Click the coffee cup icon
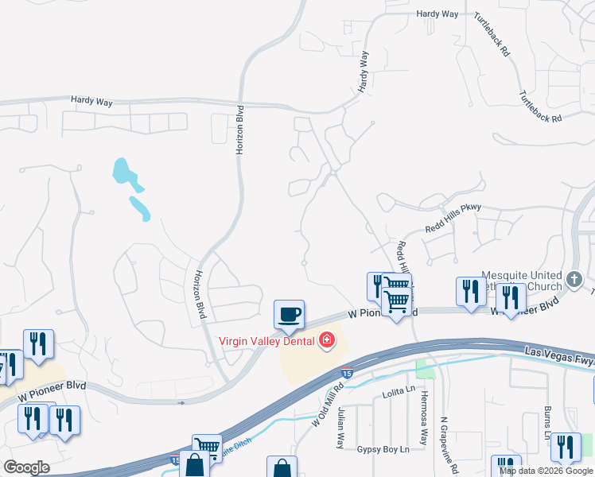(289, 314)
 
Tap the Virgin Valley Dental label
(267, 342)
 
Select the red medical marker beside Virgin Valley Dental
(325, 342)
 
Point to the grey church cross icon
(576, 279)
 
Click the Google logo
(26, 467)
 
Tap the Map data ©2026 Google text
(545, 471)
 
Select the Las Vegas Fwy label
(558, 355)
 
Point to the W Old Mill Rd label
(327, 407)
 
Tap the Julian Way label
(340, 429)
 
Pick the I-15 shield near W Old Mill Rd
(348, 371)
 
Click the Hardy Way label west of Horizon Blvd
(91, 102)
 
